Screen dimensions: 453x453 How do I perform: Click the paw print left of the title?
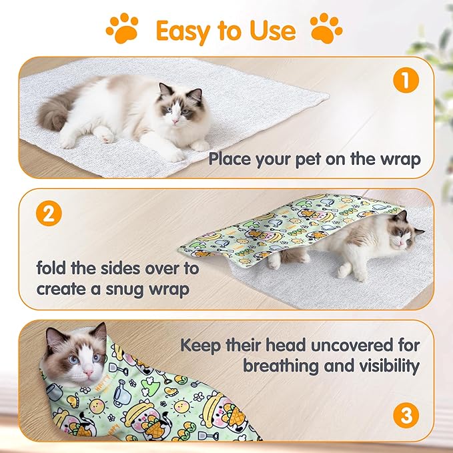[123, 28]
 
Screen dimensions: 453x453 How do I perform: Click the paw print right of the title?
[327, 28]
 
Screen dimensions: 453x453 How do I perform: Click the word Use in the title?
[270, 31]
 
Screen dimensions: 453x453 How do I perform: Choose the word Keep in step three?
[201, 345]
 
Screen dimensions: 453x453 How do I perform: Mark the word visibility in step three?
[386, 366]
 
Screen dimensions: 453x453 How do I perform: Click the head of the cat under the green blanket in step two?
[404, 234]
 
